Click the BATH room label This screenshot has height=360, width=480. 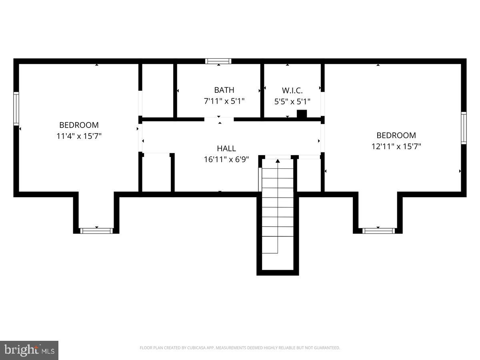(224, 90)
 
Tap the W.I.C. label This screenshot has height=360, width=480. (292, 90)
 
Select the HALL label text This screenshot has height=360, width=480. (226, 149)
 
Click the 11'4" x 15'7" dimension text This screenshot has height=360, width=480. (79, 136)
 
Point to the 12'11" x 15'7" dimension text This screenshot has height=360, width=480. (396, 146)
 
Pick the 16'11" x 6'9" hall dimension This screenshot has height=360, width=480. (226, 160)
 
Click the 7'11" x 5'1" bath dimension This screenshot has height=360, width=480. (224, 101)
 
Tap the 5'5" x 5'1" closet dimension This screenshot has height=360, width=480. (292, 102)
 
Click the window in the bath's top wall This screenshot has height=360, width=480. (218, 61)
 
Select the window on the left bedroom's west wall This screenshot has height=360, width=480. (16, 108)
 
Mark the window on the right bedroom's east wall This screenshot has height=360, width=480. (464, 128)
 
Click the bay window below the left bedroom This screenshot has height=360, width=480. (96, 231)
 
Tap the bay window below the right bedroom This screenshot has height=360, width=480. (378, 231)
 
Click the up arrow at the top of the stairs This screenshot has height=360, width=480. (278, 161)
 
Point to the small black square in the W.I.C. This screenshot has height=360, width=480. (302, 114)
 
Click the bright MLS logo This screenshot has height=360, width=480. (29, 350)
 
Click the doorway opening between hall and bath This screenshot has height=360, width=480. (219, 119)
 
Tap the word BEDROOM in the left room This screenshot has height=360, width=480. (79, 125)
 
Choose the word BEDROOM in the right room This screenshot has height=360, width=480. (396, 135)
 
